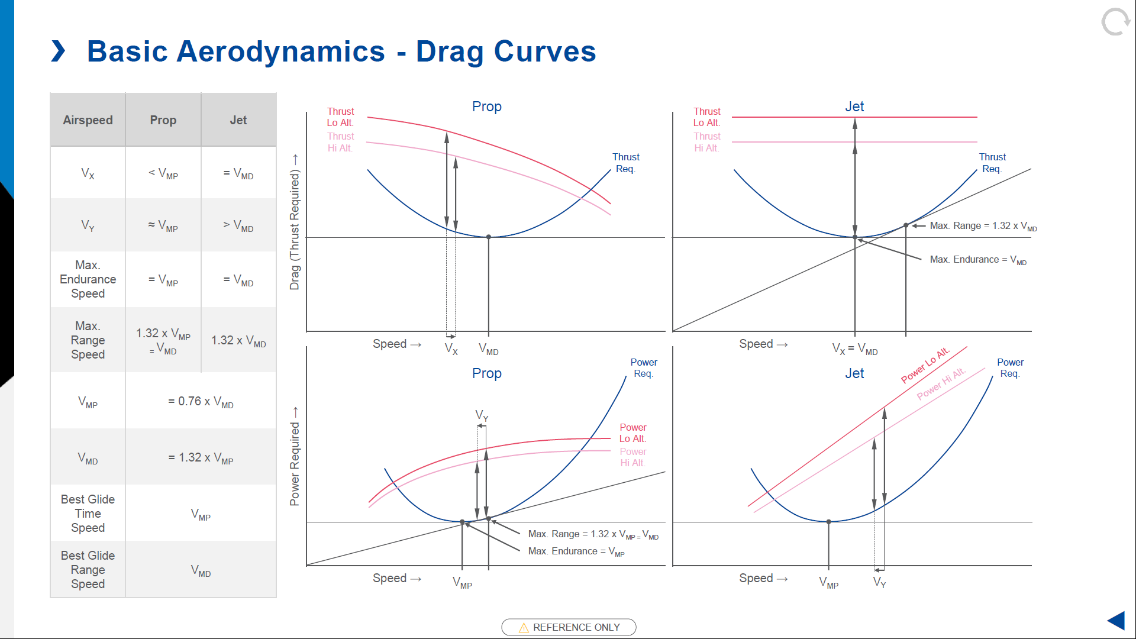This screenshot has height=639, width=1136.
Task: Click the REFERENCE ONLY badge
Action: point(569,627)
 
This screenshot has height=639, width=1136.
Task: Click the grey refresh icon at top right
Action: point(1115,22)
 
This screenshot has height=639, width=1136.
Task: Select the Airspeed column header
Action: point(88,120)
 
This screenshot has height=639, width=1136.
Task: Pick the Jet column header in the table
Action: point(238,120)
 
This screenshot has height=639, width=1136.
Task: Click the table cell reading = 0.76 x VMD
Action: point(201,402)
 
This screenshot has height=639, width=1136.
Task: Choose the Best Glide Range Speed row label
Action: point(88,570)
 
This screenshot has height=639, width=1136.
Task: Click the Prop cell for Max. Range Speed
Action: point(163,340)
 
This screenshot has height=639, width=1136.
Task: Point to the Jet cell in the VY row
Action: point(238,225)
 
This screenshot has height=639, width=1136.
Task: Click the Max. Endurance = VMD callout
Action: point(977,260)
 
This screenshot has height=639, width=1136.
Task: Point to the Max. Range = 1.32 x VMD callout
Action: point(983,226)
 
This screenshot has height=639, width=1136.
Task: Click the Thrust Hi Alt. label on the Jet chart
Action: point(707,142)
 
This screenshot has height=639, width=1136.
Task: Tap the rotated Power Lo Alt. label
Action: point(925,365)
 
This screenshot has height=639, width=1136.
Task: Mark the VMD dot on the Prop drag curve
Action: point(489,237)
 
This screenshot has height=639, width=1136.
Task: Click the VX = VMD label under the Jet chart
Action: point(854,348)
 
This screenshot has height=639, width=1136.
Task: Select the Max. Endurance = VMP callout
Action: point(576,551)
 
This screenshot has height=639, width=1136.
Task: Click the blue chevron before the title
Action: point(58,51)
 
